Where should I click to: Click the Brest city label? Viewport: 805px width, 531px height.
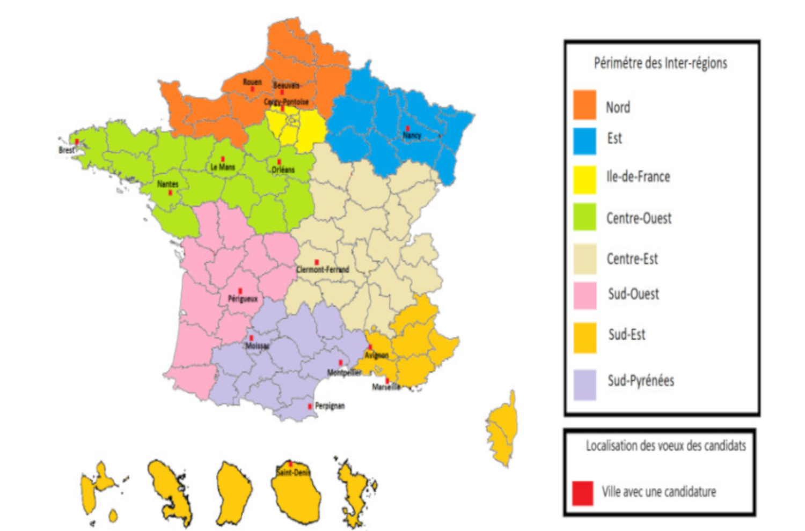coord(67,150)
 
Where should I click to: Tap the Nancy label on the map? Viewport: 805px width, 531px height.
coord(412,136)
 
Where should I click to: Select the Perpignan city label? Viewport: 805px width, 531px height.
coord(330,406)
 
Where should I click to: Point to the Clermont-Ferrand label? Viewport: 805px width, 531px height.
coord(323,270)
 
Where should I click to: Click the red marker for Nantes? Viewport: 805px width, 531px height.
coord(170,193)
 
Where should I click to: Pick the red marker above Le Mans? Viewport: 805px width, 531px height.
coord(223,159)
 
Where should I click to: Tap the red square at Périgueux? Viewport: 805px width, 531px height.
coord(240,291)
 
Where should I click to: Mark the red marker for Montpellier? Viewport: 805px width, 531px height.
coord(340,363)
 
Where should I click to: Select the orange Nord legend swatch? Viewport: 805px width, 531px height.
coord(584,105)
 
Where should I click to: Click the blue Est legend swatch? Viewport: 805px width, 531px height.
coord(584,141)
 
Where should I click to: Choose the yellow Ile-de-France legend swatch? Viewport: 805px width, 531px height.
coord(584,179)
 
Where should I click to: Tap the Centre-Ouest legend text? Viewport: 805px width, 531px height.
coord(639,218)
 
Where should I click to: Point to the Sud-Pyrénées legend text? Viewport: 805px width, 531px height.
coord(641,381)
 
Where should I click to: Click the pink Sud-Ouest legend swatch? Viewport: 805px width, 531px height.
coord(584,296)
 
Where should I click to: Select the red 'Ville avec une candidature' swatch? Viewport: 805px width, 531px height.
coord(582,493)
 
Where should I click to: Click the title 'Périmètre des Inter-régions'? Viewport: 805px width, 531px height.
coord(660,63)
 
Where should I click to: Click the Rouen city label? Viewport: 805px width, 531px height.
coord(252,82)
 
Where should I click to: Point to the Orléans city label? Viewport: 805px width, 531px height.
coord(283,170)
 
